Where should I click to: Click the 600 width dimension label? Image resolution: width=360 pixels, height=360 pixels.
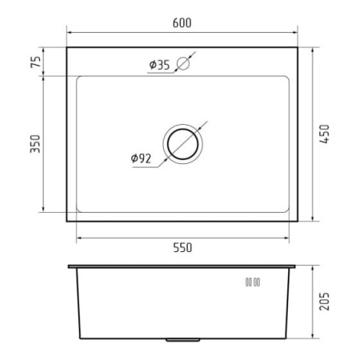(182, 23)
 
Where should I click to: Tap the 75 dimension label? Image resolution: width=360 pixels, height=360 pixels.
(36, 62)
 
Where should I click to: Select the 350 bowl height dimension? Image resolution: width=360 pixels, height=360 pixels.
(35, 144)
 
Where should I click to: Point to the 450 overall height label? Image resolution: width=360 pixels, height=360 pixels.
(325, 134)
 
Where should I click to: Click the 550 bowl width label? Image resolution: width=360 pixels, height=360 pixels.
(182, 248)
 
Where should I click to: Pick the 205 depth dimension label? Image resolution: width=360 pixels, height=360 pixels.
(325, 302)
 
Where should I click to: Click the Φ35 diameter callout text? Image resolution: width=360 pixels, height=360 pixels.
(159, 65)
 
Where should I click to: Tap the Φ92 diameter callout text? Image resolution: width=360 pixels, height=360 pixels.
(141, 158)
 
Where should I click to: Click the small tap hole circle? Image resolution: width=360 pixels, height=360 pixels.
(183, 63)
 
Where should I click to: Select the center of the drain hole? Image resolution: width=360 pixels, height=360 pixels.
(182, 144)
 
